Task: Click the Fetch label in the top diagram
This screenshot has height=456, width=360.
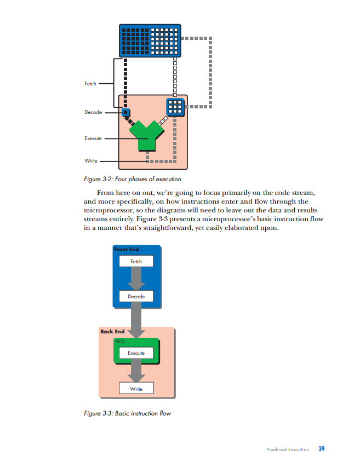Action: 90,84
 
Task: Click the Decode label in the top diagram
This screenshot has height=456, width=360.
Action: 93,112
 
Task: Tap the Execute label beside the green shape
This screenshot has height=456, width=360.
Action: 93,138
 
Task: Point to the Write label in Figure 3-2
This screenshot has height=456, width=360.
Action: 91,161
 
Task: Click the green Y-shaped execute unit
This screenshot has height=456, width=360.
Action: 145,135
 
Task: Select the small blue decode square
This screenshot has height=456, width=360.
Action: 125,112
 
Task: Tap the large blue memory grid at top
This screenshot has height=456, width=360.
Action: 150,40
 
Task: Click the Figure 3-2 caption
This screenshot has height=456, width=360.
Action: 133,179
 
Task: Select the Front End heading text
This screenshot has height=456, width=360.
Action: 127,250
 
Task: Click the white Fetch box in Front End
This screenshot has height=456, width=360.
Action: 136,261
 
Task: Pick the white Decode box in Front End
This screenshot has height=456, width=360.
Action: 136,296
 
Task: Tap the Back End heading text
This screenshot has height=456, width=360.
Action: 112,332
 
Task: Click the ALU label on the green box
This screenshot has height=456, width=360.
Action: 120,341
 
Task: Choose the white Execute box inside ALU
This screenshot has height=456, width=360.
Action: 136,353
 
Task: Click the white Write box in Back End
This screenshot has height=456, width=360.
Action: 136,389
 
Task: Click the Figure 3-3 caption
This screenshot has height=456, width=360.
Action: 128,413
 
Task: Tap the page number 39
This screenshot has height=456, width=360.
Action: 322,449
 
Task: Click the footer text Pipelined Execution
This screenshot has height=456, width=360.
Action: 287,449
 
